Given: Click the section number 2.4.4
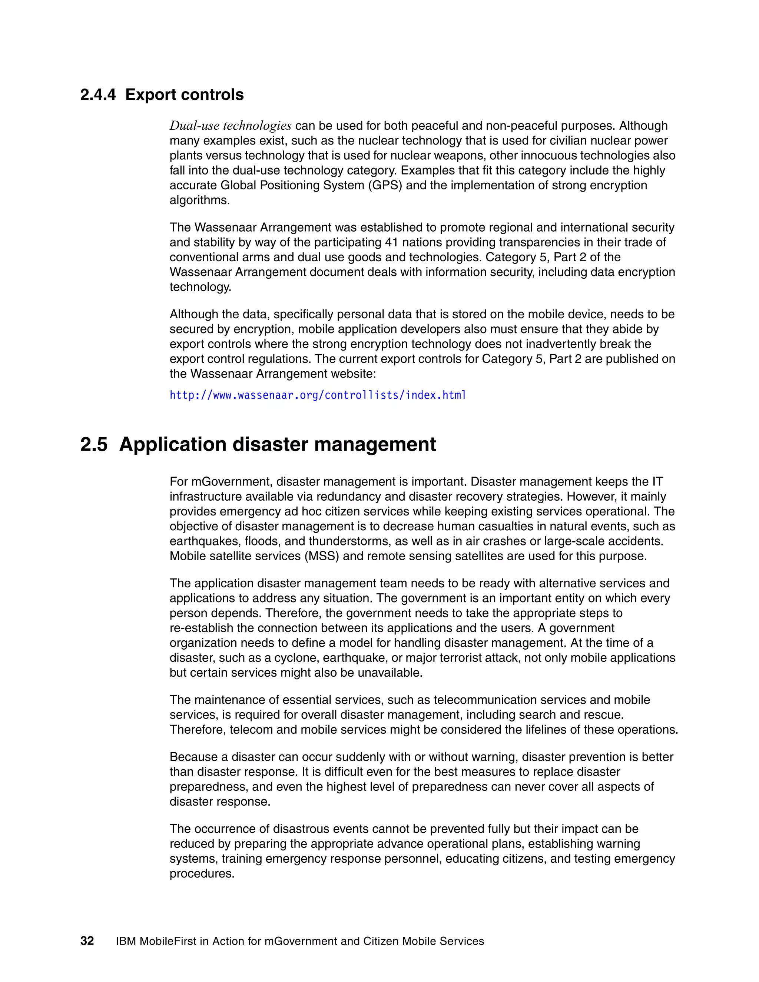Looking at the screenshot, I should point(97,95).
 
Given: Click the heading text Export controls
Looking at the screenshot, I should point(184,95).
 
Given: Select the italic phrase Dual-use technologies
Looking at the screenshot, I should point(230,126).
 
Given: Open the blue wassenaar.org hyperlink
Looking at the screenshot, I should point(318,395).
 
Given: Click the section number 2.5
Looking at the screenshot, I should point(94,445).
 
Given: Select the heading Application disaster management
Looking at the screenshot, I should point(278,445).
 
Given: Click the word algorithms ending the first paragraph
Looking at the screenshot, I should point(199,200).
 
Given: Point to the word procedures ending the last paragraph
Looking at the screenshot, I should point(202,874).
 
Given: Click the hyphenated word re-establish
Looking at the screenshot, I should point(201,628).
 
